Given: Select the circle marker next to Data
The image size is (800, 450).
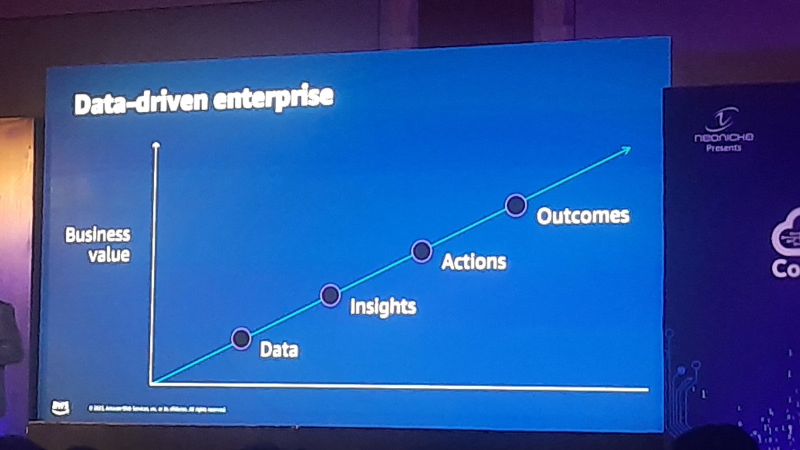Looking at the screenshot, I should pos(241,339).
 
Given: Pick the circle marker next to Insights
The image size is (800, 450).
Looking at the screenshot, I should pos(330,295).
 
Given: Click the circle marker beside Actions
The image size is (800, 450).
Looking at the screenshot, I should pos(421,251).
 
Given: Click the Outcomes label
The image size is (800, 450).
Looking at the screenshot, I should pos(583,216).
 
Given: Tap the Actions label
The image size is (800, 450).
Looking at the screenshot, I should pos(474,261).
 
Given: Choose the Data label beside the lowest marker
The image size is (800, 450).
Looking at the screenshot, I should pos(279,349).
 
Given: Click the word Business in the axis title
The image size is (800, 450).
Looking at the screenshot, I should pos(97,235).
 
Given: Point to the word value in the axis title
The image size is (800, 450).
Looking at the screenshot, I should pos(109,254).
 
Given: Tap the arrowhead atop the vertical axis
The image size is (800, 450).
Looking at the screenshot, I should pos(156,145).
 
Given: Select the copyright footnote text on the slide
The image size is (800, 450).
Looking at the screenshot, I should pos(157,408).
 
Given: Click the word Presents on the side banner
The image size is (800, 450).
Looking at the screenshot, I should pos(723,147).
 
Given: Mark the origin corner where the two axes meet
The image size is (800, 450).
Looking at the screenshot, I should pos(153,383).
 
